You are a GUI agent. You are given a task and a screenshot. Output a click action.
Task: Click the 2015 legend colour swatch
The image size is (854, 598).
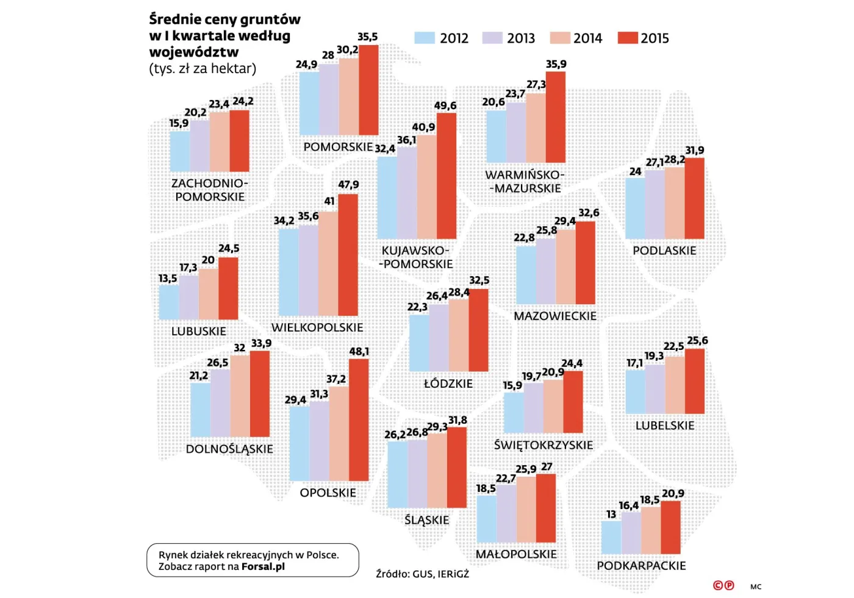coord(628,38)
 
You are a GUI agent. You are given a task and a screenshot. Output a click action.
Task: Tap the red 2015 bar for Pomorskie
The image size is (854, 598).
coord(368,90)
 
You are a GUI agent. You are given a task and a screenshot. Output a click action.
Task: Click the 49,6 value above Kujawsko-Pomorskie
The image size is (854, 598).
coord(445,105)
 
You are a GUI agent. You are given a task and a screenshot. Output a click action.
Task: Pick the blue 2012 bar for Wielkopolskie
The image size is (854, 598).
coord(289,272)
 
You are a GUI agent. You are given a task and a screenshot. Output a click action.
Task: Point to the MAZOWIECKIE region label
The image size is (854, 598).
coord(555,316)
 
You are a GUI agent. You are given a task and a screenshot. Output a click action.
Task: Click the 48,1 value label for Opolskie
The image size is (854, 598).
coord(359,352)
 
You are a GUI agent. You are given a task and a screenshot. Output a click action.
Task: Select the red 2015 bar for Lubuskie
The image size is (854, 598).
coord(228,288)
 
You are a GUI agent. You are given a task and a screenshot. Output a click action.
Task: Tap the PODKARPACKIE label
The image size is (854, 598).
coord(641,566)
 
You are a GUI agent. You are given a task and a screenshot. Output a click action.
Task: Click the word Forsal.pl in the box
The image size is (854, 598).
coord(263,566)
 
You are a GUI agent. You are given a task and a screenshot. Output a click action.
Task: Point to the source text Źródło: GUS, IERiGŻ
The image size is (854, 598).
coord(422,574)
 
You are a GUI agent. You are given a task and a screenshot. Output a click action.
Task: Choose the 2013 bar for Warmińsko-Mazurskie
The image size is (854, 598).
coord(516,132)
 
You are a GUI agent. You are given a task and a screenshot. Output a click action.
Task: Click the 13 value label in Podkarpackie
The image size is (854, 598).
coord(611,514)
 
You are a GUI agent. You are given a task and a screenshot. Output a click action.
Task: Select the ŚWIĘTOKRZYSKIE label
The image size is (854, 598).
coord(544,445)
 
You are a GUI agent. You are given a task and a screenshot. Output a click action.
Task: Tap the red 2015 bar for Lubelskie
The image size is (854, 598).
coord(695,381)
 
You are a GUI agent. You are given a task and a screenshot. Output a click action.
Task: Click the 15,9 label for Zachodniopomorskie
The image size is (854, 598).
coord(179,124)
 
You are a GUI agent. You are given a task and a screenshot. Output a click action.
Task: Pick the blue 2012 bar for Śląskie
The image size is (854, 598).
coord(397,474)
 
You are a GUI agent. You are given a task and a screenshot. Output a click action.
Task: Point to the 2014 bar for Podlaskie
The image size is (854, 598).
coord(675,202)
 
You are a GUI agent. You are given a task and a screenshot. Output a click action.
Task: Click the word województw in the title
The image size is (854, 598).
coord(194,52)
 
